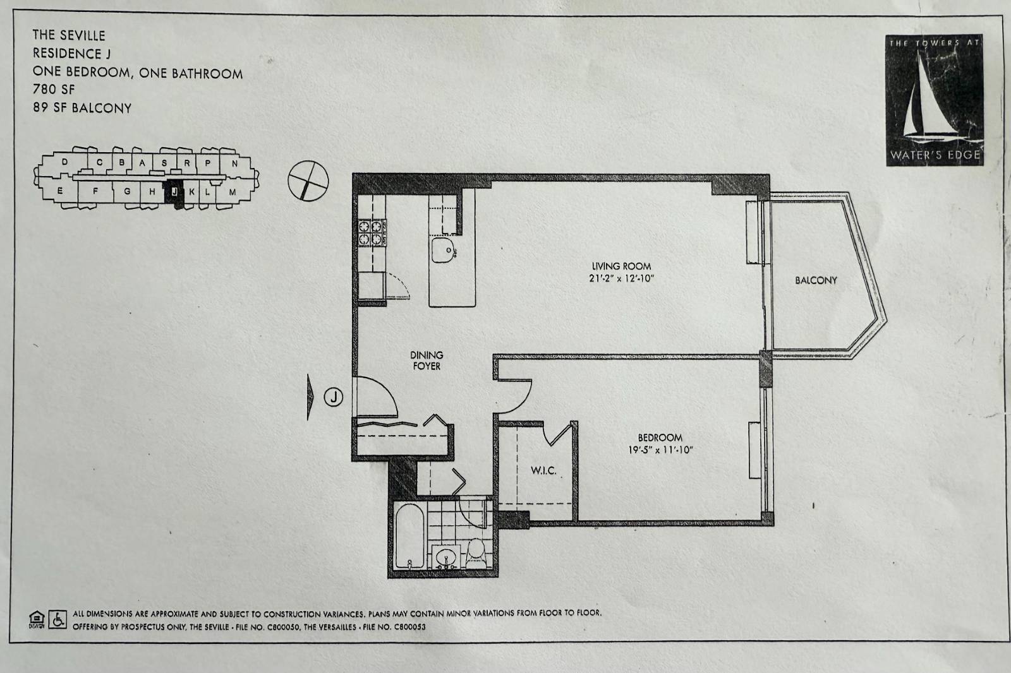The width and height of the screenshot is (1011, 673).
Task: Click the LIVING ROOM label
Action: [621, 266]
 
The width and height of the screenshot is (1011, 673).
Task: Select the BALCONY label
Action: [816, 280]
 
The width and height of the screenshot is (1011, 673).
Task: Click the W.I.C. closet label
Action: [543, 470]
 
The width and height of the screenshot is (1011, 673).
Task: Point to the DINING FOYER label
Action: [427, 360]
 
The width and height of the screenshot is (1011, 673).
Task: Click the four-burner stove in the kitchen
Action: [373, 232]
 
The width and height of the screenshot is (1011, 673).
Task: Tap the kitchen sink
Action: [445, 250]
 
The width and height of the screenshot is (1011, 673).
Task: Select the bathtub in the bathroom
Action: [409, 537]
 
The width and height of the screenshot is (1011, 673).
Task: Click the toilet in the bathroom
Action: [476, 551]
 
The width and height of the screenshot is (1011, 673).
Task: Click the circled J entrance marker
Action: [334, 397]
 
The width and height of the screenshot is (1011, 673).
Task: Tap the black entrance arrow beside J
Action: [310, 397]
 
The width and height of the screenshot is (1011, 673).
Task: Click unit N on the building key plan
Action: [234, 164]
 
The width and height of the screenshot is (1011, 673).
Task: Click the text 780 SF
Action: [54, 90]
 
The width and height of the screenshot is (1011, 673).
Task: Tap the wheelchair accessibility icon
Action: [58, 619]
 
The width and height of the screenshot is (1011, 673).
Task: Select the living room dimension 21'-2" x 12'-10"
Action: [621, 278]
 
